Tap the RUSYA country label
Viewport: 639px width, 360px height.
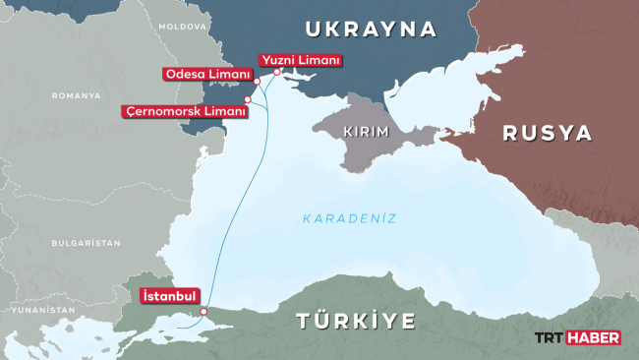click(548, 133)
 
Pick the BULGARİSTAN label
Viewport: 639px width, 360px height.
click(86, 242)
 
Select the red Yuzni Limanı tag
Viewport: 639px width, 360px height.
click(300, 61)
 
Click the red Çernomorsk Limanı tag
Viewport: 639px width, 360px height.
click(183, 111)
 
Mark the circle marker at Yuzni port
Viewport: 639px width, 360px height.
click(277, 72)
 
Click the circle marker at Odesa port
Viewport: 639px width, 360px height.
click(257, 82)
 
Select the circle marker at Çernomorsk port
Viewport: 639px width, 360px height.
click(248, 99)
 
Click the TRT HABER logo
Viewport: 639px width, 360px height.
click(576, 337)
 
